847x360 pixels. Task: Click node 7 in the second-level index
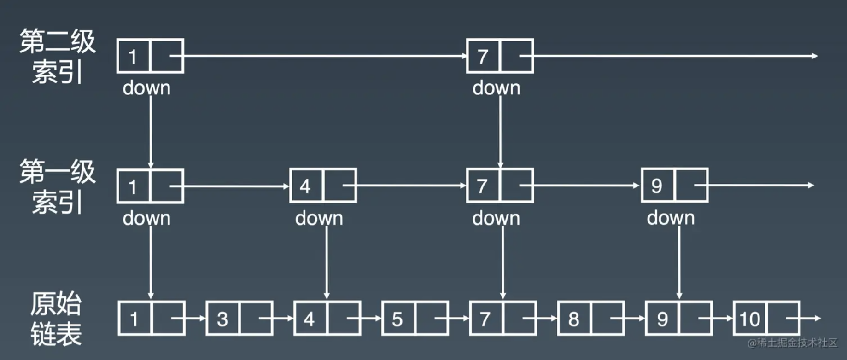pos(500,56)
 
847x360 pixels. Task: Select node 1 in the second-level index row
pos(150,56)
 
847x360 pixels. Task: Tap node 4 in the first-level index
pos(323,186)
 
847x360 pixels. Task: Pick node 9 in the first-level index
pos(675,186)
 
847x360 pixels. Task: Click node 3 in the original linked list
pos(239,318)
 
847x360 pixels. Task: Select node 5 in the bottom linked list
pos(415,318)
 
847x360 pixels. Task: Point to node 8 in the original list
pos(591,318)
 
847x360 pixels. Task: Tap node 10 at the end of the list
pos(766,318)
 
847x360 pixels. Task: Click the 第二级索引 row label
pos(58,56)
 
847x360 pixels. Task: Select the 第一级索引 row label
pos(58,186)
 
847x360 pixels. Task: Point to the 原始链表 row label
pos(56,319)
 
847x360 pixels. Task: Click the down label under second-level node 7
pos(497,87)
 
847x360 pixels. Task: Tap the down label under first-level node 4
pos(319,218)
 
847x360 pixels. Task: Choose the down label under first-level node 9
pos(671,218)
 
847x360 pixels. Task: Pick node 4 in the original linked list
pos(327,318)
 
